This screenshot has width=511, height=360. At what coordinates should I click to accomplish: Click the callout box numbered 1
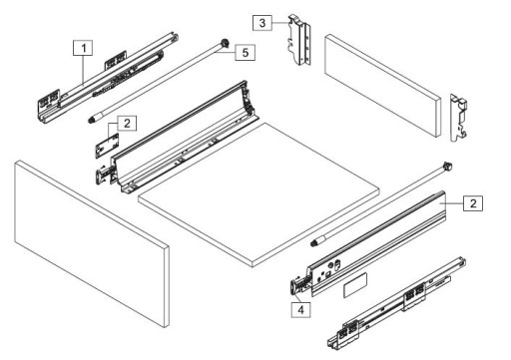click(83, 48)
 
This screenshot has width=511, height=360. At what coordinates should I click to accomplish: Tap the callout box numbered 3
click(262, 23)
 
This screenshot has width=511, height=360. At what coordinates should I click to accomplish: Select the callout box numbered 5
click(246, 52)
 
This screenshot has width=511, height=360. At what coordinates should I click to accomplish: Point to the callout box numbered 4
click(300, 310)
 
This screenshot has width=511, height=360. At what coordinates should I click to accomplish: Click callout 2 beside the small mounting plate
click(127, 124)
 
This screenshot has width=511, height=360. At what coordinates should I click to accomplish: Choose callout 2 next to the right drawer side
click(473, 202)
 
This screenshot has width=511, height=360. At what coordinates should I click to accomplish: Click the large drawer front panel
click(92, 243)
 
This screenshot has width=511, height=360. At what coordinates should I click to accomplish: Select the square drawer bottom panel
click(258, 194)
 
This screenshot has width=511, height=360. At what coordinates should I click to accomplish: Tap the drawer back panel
click(383, 85)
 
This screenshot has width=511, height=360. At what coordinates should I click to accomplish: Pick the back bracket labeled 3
click(300, 40)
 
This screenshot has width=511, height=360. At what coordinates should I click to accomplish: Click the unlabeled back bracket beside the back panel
click(459, 118)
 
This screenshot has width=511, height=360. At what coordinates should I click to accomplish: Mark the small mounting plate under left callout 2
click(107, 145)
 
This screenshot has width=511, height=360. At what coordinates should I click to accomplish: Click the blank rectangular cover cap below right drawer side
click(355, 285)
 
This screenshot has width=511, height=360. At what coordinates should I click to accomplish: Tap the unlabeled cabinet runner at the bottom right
click(396, 302)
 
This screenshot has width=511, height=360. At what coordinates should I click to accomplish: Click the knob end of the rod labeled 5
click(225, 44)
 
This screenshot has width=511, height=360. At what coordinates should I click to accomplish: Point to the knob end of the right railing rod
click(447, 166)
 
